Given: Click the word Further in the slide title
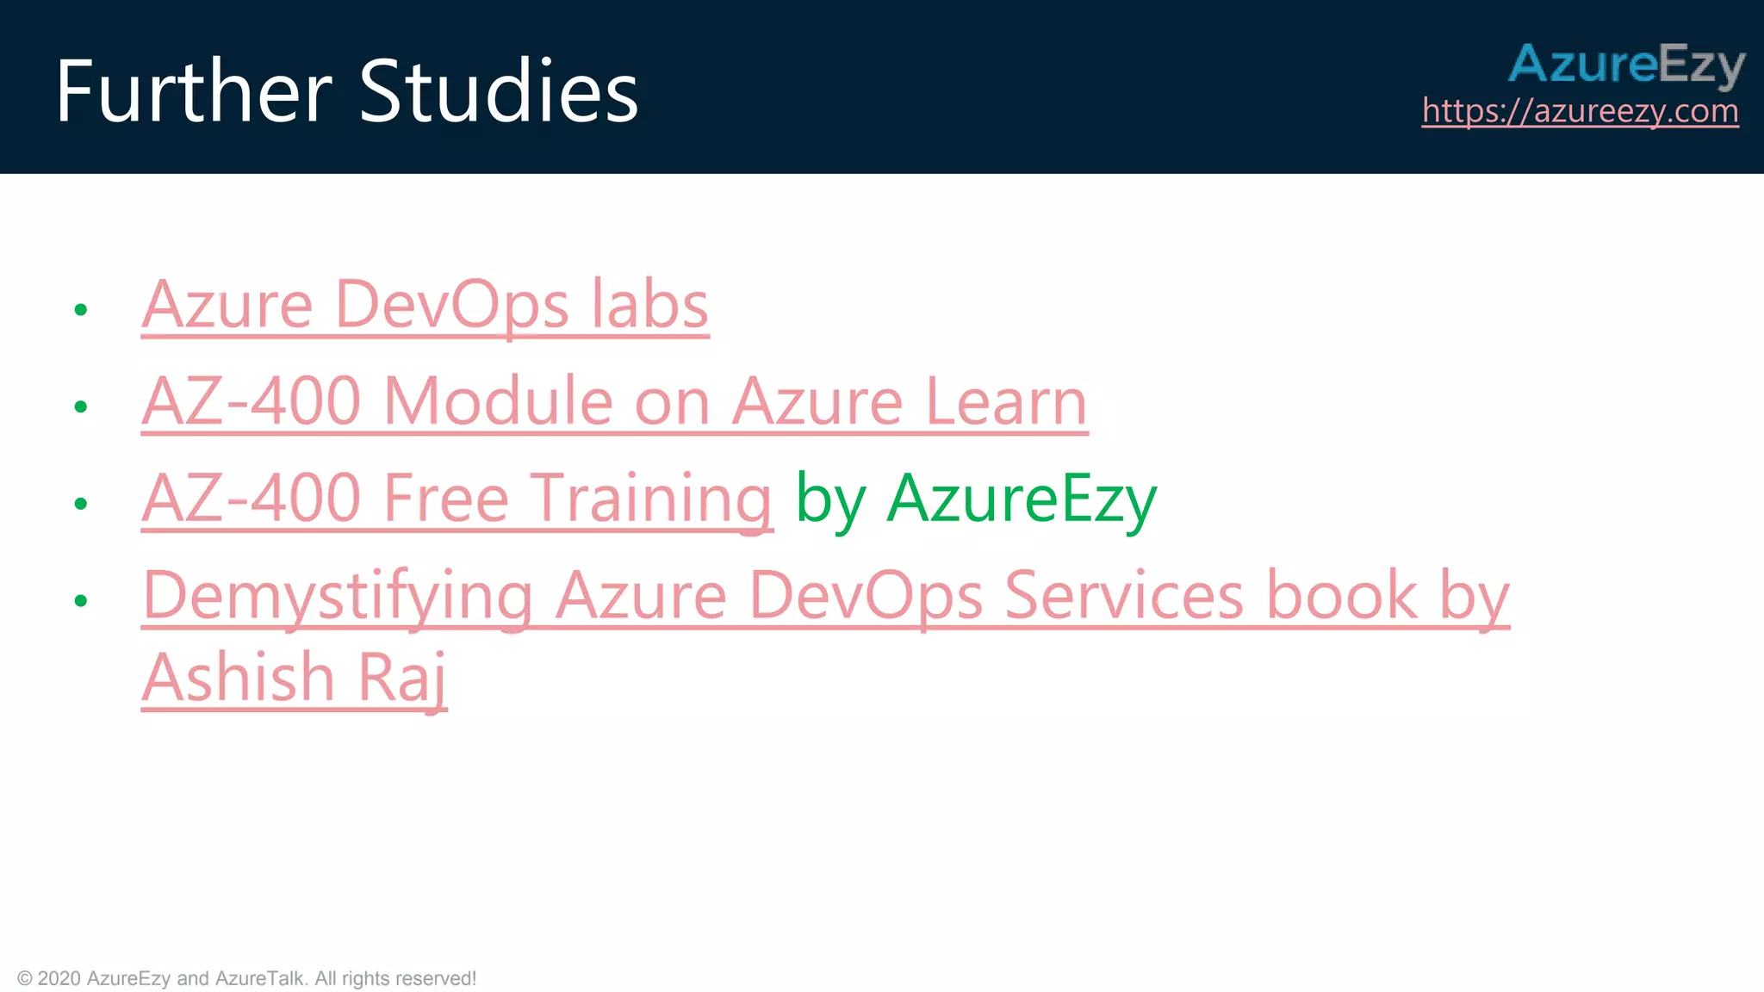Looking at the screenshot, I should (x=194, y=91).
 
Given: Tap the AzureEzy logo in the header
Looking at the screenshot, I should (x=1626, y=64).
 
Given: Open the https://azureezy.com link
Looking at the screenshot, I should (x=1580, y=111).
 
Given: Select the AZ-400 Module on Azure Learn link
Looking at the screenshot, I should (x=614, y=402).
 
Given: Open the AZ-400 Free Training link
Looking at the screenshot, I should (x=457, y=499).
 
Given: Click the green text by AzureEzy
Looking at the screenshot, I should (x=976, y=499).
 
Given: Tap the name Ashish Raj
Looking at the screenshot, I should (x=295, y=678).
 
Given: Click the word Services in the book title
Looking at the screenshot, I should (x=1124, y=596).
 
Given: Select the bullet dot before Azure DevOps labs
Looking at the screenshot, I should (x=81, y=310).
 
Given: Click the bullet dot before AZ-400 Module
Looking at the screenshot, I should (x=81, y=406).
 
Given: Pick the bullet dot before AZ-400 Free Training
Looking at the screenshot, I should (x=81, y=504).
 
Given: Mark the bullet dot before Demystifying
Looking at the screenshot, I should (x=81, y=601).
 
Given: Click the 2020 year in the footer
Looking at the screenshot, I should (x=59, y=979).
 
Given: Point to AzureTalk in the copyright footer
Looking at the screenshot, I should (x=259, y=979).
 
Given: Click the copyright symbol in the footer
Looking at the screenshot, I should (x=25, y=979).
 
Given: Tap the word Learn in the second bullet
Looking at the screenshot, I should (x=1007, y=402).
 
